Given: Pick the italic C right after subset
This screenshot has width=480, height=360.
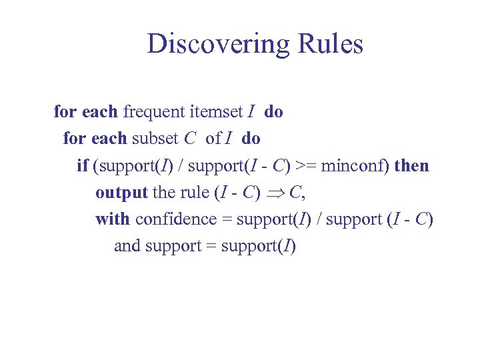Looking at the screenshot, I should click(190, 139).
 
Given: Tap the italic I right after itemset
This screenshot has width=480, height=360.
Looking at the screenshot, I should click(250, 112).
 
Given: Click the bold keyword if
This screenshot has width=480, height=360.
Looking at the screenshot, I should click(83, 165).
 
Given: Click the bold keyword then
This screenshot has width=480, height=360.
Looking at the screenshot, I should click(412, 165).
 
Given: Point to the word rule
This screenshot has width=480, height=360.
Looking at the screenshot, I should click(195, 193).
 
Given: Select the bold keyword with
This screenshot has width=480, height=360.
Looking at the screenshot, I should click(113, 219).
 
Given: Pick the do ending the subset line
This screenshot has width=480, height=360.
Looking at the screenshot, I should click(251, 139).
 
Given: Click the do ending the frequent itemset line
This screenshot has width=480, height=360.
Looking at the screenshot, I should click(273, 112).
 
